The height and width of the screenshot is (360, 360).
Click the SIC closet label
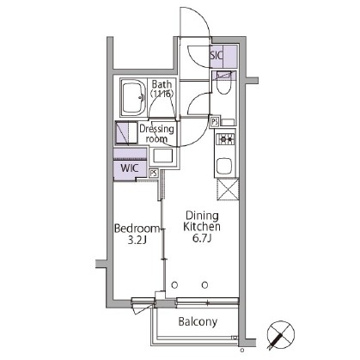pos(217,55)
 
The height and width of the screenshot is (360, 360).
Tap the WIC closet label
pos(130,168)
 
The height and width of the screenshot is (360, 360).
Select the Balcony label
pos(198,321)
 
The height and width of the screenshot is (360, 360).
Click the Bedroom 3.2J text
pos(137,235)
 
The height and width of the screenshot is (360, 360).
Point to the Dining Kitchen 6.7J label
pos(202,227)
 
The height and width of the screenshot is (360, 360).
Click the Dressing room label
pos(156,134)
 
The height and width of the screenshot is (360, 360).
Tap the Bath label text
pos(162,88)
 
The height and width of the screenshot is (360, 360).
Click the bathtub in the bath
pos(133,97)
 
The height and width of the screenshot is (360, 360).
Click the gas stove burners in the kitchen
pos(225,139)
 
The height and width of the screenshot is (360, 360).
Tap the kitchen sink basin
pos(224,166)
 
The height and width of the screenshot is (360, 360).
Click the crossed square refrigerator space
pos(228,189)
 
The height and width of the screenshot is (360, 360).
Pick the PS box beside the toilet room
pos(215,122)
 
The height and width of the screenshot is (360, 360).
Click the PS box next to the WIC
pos(154,173)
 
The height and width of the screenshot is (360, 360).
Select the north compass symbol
pos(280,334)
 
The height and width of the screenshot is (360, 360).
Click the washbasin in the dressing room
pos(162,156)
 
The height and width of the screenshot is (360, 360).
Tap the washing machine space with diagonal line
pos(126,132)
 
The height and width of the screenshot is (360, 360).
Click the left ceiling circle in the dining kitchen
pos(174,285)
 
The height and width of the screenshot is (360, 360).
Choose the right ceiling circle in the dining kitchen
pos(204,285)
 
